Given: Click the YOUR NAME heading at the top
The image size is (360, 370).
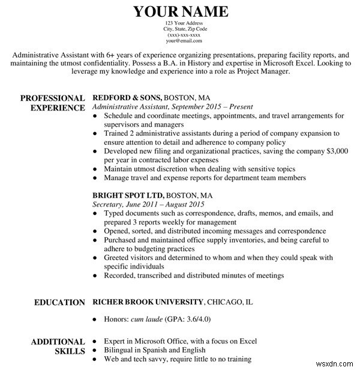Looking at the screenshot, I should [180, 11].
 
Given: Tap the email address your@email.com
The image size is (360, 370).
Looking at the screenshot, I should [180, 41].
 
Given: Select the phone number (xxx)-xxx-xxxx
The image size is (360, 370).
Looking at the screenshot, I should [180, 35].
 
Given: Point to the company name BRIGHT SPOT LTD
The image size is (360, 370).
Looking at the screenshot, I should [128, 195].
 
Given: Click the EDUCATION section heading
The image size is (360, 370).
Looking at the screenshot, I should [59, 302].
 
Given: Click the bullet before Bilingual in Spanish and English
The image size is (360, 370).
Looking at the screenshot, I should [96, 350].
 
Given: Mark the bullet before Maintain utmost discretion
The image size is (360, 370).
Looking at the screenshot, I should [96, 169].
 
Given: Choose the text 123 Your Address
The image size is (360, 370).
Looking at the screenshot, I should [180, 23].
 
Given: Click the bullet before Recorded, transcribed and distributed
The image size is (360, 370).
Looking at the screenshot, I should [96, 276].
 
